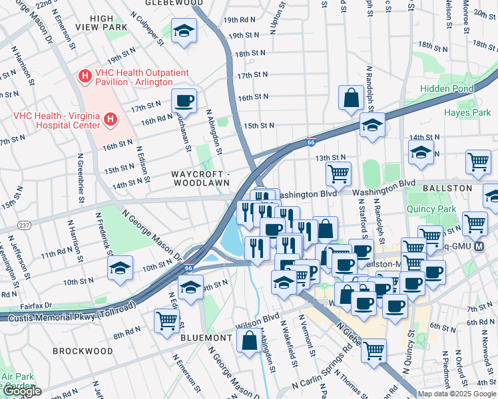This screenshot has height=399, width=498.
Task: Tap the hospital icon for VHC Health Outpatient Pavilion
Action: pos(85,76)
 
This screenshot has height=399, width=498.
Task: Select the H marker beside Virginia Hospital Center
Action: pos(111,120)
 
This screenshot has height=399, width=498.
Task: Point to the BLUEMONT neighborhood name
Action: pos(206,338)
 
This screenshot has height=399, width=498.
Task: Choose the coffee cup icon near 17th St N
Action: pos(184,102)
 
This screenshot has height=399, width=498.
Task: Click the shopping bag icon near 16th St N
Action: pos(351,98)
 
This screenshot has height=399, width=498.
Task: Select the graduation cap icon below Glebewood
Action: pos(184,31)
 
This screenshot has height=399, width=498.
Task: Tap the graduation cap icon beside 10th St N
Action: pos(121,268)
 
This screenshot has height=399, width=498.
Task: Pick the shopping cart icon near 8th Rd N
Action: pos(166,321)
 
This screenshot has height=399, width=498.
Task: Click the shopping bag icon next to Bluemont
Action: pos(249,340)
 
